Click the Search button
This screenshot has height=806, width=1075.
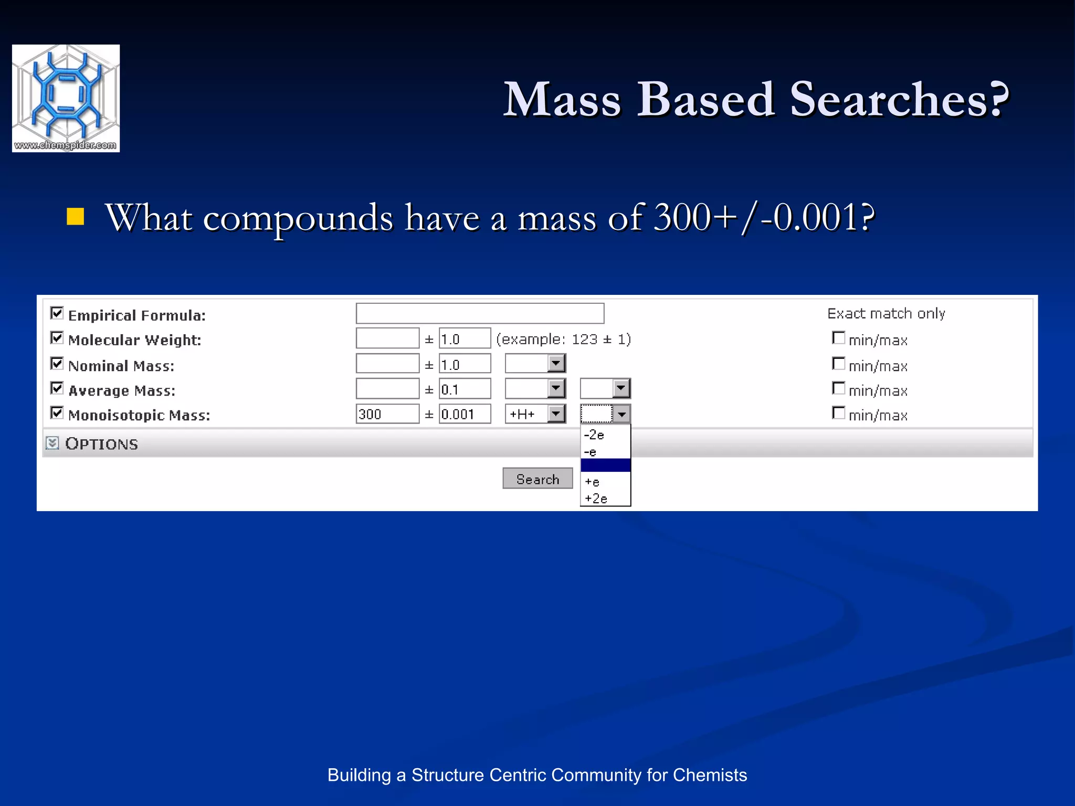(x=537, y=479)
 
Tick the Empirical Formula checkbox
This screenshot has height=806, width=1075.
(x=57, y=313)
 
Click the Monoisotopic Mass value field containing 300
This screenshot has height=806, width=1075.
(x=387, y=414)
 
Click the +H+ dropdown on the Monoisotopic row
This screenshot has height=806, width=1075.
(x=535, y=414)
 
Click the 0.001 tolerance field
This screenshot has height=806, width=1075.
(x=465, y=414)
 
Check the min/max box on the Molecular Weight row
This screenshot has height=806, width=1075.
(x=839, y=338)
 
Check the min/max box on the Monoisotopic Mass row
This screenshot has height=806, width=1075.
(x=839, y=413)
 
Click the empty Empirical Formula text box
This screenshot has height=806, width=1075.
(x=480, y=313)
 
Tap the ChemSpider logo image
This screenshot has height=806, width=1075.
(x=66, y=98)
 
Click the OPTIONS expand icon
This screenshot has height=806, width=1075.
(x=52, y=443)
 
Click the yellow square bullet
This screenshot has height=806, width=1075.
(x=76, y=217)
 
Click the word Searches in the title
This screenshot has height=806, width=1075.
(x=898, y=99)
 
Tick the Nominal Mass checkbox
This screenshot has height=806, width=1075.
(x=57, y=364)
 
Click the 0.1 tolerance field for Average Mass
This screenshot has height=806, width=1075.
(x=465, y=389)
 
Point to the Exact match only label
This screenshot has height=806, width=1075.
(x=886, y=313)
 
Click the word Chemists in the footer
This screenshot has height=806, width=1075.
(x=710, y=775)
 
